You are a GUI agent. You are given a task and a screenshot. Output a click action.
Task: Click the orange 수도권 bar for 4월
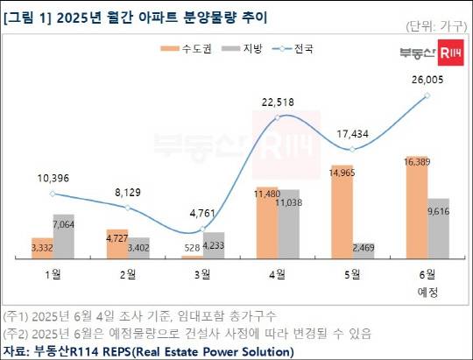pyautogui.click(x=267, y=223)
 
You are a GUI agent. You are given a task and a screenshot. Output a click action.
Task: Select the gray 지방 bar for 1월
pyautogui.click(x=64, y=236)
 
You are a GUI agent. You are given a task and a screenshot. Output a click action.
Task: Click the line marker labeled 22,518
pyautogui.click(x=278, y=117)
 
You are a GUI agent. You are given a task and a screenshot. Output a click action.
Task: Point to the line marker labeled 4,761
pyautogui.click(x=203, y=230)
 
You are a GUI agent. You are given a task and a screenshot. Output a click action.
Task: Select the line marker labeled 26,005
pyautogui.click(x=427, y=95)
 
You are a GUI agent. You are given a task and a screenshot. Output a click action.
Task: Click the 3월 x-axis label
pyautogui.click(x=203, y=274)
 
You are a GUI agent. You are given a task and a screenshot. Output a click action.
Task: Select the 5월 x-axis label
pyautogui.click(x=352, y=274)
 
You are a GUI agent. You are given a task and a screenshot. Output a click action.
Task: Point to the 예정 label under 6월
pyautogui.click(x=427, y=289)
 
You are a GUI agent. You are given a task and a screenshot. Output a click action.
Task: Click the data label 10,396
pyautogui.click(x=54, y=179)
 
